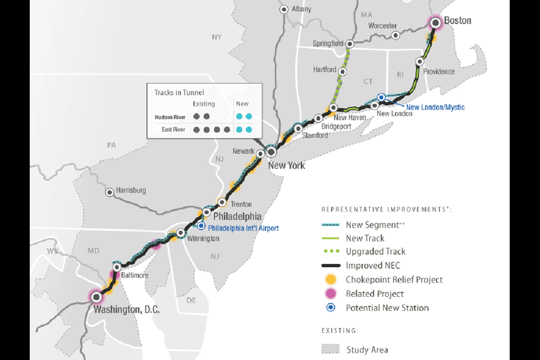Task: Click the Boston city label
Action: coord(457,20)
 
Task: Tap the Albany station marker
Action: coord(284,9)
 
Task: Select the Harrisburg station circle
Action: coord(110,192)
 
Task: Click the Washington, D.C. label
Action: coord(127,310)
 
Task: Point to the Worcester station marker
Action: coord(395,35)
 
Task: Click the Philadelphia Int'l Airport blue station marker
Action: coord(201,225)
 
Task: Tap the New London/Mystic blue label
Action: coord(435,107)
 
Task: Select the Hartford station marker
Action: coord(343,72)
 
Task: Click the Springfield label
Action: coord(328,44)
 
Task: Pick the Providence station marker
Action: coord(420,62)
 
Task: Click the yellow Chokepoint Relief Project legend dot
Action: coord(331,280)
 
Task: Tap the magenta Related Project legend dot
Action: coord(331,294)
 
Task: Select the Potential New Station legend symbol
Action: coord(331,308)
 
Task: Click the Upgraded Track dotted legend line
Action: coord(331,251)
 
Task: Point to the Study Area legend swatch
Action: coord(331,350)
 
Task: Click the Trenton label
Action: coord(241,204)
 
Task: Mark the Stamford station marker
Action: coord(298,128)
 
